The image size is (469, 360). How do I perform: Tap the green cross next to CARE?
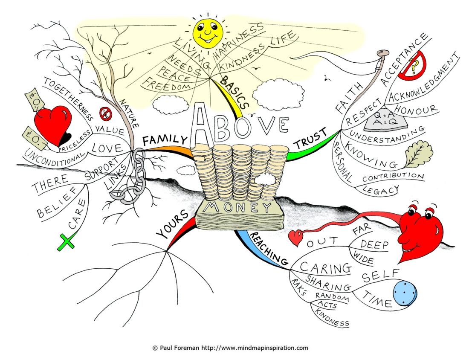tap(66, 243)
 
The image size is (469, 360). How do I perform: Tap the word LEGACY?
tap(380, 189)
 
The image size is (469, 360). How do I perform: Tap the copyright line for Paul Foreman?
tap(230, 348)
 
